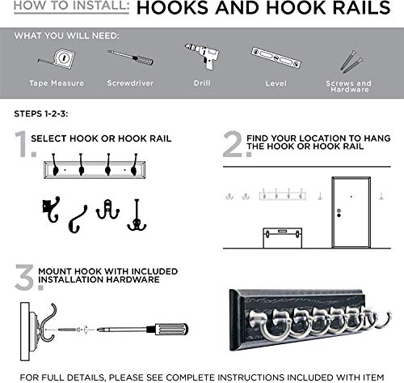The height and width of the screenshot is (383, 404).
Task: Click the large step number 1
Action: (x=19, y=144)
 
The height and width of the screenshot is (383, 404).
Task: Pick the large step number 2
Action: (x=233, y=144)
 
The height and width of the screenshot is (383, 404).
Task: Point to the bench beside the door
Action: (x=283, y=236)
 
